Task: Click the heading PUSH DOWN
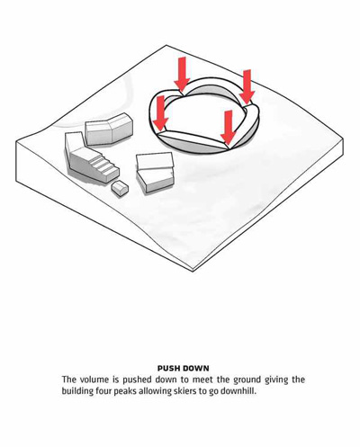click(184, 368)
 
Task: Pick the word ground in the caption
click(247, 380)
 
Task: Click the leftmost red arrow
click(160, 113)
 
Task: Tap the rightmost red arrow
click(247, 87)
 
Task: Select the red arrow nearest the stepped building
click(160, 113)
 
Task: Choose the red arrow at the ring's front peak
click(229, 127)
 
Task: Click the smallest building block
click(120, 189)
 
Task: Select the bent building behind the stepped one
click(109, 129)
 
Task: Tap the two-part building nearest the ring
click(155, 172)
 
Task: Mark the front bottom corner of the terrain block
click(193, 272)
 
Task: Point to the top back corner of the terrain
click(166, 45)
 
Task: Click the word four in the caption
click(103, 391)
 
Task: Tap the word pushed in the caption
click(137, 380)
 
